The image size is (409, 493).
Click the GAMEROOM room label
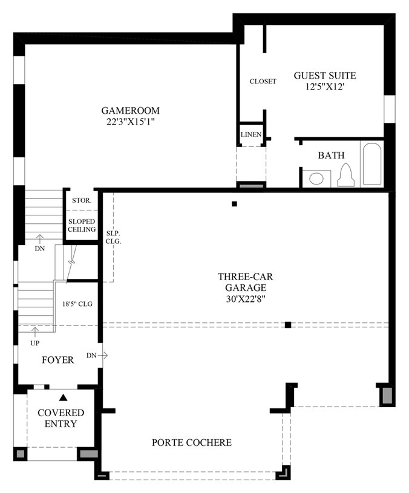(x=130, y=111)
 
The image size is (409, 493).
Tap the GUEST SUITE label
(x=324, y=76)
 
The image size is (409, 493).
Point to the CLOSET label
(x=263, y=81)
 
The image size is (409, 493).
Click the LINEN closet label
(x=250, y=134)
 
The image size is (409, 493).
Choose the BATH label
(x=331, y=155)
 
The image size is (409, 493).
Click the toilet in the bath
(x=346, y=175)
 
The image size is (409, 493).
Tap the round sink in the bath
(x=316, y=178)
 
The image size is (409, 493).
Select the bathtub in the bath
(x=371, y=164)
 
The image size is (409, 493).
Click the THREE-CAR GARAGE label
(x=242, y=282)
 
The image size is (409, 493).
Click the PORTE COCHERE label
(x=191, y=443)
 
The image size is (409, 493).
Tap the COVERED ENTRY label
(x=61, y=418)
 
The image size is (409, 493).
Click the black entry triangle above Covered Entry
(x=62, y=397)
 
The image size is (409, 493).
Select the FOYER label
(x=57, y=360)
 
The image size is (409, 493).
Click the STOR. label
(x=82, y=200)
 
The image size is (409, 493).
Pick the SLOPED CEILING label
(x=82, y=226)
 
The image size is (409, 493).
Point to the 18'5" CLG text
(x=77, y=304)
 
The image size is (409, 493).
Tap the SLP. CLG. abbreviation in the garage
(x=113, y=237)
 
